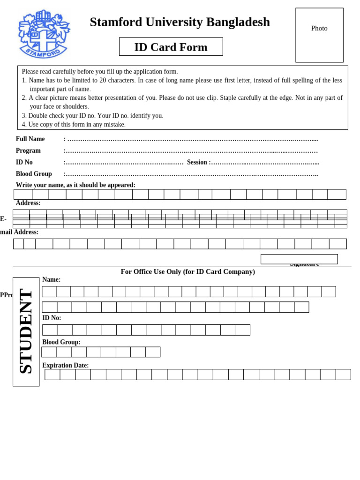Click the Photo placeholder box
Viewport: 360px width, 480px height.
pyautogui.click(x=319, y=35)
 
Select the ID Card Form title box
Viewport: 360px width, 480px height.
pyautogui.click(x=171, y=47)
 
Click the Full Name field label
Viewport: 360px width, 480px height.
pyautogui.click(x=30, y=139)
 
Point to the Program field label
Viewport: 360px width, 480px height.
pyautogui.click(x=28, y=151)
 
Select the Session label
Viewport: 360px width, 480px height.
pyautogui.click(x=197, y=162)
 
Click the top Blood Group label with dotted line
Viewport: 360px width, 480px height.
pyautogui.click(x=34, y=174)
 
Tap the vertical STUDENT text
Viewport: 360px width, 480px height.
pyautogui.click(x=26, y=331)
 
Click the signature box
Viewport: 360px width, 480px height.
pyautogui.click(x=299, y=259)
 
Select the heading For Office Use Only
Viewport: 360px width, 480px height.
pyautogui.click(x=187, y=272)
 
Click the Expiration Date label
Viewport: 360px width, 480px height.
pyautogui.click(x=65, y=365)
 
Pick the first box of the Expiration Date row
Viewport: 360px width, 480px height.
pyautogui.click(x=52, y=375)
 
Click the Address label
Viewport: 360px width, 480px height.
pyautogui.click(x=28, y=203)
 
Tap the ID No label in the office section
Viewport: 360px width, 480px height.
pyautogui.click(x=52, y=318)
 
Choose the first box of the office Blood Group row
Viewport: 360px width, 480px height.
pyautogui.click(x=49, y=352)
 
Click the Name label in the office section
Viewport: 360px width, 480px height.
pyautogui.click(x=51, y=280)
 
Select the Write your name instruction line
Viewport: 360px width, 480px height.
pyautogui.click(x=75, y=185)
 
